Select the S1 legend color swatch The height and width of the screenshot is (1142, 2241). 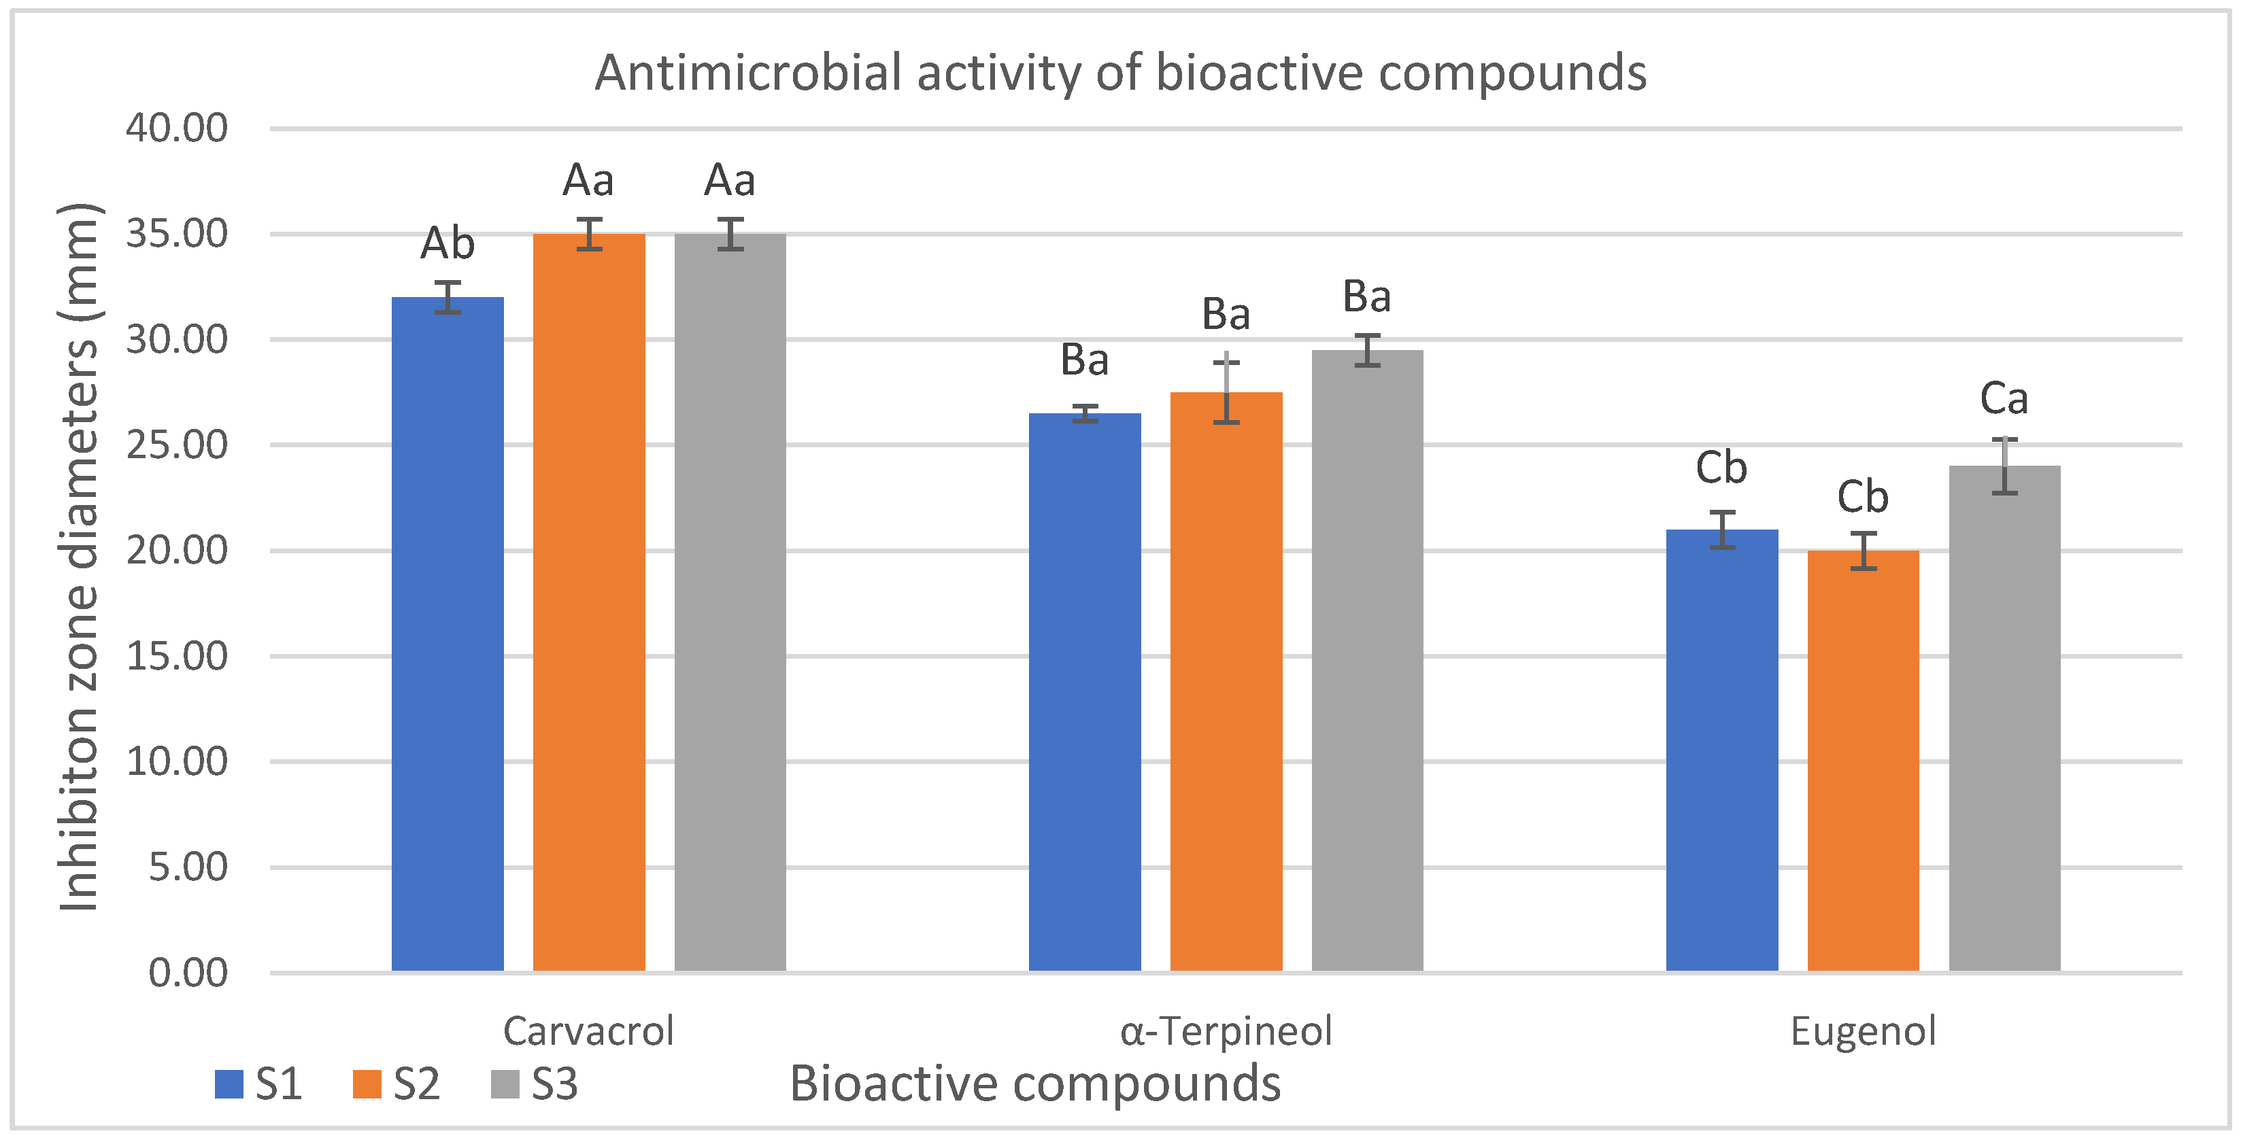pyautogui.click(x=229, y=1084)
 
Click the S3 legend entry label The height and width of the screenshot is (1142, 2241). pyautogui.click(x=554, y=1084)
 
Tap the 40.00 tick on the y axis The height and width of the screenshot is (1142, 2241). pyautogui.click(x=177, y=128)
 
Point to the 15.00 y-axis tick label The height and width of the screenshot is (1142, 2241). pyautogui.click(x=177, y=656)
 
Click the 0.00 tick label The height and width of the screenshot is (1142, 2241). pyautogui.click(x=188, y=972)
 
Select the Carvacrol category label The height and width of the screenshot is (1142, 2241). pyautogui.click(x=588, y=1032)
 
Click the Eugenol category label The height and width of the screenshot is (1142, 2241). pyautogui.click(x=1863, y=1032)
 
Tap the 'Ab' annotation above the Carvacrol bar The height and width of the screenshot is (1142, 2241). pyautogui.click(x=447, y=243)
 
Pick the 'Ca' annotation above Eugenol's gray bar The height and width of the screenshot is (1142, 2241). pyautogui.click(x=2004, y=399)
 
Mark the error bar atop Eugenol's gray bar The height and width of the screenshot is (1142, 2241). pyautogui.click(x=2004, y=466)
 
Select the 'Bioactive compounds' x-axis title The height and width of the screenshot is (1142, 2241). pyautogui.click(x=1034, y=1084)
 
